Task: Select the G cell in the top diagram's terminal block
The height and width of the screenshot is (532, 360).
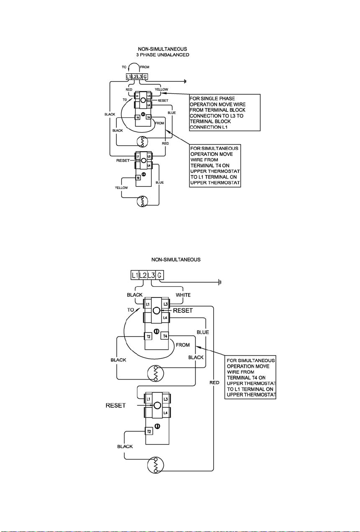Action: point(145,77)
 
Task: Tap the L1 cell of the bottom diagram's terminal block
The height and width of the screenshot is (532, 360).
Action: point(135,275)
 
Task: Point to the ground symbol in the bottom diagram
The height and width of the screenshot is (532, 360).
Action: point(220,282)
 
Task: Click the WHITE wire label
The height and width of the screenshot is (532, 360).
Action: point(183,295)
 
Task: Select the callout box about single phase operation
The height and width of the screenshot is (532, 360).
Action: point(225,112)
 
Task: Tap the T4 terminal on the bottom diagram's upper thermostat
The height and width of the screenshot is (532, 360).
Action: point(165,336)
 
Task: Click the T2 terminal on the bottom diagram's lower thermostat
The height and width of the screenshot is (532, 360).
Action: point(149,431)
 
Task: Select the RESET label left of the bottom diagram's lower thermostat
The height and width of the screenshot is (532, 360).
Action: point(116,406)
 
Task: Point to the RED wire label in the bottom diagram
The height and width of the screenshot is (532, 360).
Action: point(214,383)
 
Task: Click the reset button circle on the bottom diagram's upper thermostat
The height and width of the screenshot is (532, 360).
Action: point(156,311)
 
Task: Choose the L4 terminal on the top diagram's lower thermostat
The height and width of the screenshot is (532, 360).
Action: point(149,165)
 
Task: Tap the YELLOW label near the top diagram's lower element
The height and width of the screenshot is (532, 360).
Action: point(121,188)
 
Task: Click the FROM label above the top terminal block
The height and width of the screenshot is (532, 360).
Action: point(145,67)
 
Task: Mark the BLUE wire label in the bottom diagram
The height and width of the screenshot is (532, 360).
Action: point(203,332)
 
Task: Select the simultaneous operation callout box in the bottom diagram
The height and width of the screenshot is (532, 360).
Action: point(250,377)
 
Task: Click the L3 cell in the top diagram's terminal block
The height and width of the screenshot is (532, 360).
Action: point(140,77)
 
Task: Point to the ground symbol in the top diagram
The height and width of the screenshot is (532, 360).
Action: point(185,82)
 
